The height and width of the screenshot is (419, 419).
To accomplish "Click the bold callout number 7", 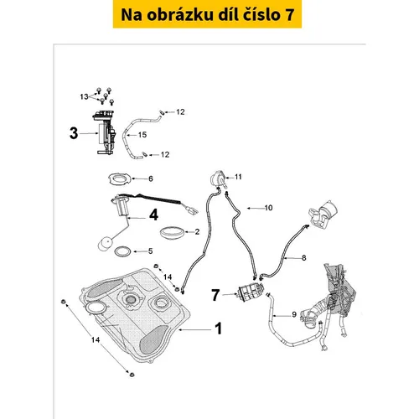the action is pos(215,295).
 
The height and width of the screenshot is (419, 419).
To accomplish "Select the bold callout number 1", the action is pos(219,328).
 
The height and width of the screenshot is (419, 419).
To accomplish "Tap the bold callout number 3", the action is pos(74,133).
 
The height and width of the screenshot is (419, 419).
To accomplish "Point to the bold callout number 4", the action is pos(154,215).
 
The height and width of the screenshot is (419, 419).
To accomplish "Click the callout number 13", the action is pos(84,96).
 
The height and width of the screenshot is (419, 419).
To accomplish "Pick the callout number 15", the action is pos(142,135).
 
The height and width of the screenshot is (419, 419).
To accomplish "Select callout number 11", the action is pos(238,177).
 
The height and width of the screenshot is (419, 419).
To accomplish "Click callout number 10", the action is pos(268,208).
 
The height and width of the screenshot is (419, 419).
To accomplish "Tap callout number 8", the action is pos(304,258).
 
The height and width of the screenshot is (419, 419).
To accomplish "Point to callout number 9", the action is pos(294,314).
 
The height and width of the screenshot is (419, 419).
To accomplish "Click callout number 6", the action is pos(151,178).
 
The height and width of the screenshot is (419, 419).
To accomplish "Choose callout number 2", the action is pos(197,231).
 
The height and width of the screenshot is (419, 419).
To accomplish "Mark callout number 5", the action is pos(150,251).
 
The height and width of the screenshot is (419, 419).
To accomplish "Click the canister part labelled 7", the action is pos(250,292).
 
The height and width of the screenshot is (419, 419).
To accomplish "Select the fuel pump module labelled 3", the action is pos(105,132).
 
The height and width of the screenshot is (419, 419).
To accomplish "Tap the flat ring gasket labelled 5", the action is pos(122,251).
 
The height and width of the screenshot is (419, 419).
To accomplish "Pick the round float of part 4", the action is pos(106,244).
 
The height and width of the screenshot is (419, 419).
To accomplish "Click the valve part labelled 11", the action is pos(218,178).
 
